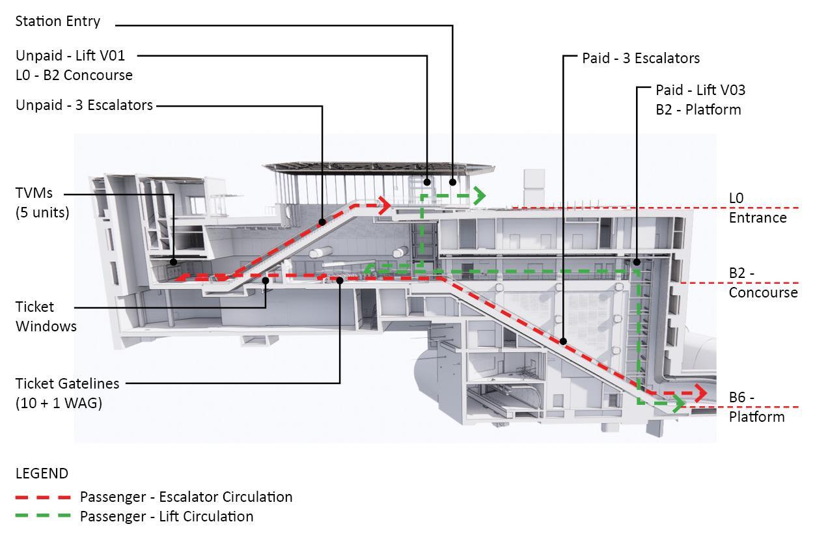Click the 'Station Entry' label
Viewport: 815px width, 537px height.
pyautogui.click(x=58, y=21)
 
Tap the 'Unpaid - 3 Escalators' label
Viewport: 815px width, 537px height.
pyautogui.click(x=84, y=105)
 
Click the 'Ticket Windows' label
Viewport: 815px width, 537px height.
pyautogui.click(x=46, y=316)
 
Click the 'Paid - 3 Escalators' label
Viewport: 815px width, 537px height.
pyautogui.click(x=641, y=58)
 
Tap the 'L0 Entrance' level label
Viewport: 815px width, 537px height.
pyautogui.click(x=757, y=208)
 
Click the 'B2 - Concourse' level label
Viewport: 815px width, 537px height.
pyautogui.click(x=762, y=282)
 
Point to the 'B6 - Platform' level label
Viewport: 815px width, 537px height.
pyautogui.click(x=756, y=407)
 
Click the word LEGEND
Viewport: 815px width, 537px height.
pyautogui.click(x=42, y=473)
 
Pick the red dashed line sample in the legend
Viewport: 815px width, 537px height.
pyautogui.click(x=43, y=497)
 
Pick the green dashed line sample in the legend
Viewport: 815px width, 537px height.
pyautogui.click(x=43, y=517)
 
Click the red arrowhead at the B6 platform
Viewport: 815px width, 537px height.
pyautogui.click(x=700, y=392)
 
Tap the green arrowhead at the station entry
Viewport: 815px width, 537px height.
pyautogui.click(x=480, y=195)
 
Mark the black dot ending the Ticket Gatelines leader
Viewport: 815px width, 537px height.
pyautogui.click(x=340, y=281)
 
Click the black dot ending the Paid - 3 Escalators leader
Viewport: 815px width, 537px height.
pyautogui.click(x=563, y=340)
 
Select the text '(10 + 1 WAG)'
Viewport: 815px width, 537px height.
pyautogui.click(x=59, y=403)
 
